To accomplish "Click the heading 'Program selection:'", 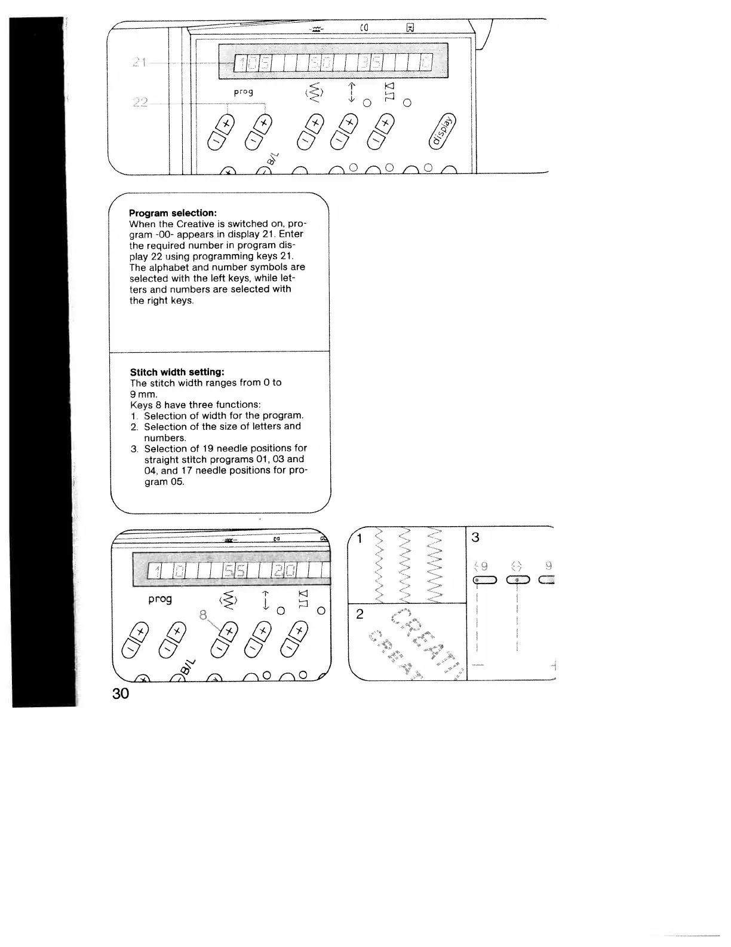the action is point(173,213).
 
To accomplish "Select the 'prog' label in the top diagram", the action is point(243,92).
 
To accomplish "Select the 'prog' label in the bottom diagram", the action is point(160,598).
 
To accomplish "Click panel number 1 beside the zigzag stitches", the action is point(360,539).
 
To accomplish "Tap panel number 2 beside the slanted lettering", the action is point(360,614).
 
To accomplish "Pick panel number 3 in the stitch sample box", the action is point(475,537).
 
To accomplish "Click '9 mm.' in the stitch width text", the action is point(144,394).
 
